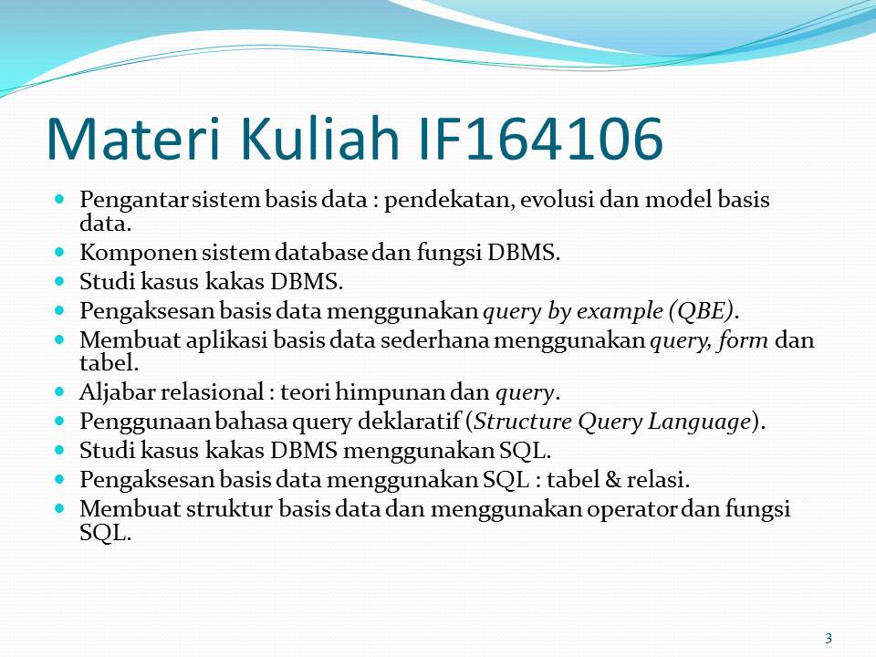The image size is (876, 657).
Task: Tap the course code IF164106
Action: pos(538,139)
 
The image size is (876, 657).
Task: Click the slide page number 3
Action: pos(828,638)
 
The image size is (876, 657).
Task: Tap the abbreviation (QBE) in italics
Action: pos(700,311)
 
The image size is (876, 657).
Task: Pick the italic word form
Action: pos(746,340)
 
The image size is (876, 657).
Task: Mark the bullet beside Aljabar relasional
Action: pos(62,391)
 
